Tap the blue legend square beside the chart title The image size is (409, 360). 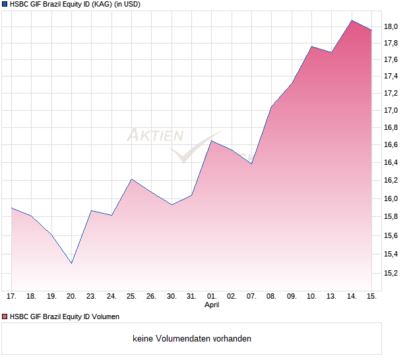(x=5, y=4)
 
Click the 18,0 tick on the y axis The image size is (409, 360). (x=391, y=26)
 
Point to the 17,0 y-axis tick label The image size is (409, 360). (x=391, y=110)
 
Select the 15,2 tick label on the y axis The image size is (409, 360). (x=391, y=272)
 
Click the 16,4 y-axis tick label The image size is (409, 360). (x=391, y=162)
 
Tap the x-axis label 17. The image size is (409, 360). (x=11, y=296)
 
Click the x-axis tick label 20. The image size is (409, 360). (x=71, y=296)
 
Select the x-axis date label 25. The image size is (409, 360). (x=131, y=296)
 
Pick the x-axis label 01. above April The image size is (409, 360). (x=212, y=296)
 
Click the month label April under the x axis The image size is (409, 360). (x=212, y=305)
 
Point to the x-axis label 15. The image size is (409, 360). (x=372, y=296)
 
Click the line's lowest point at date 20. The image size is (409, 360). (x=71, y=263)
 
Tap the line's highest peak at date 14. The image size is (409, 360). (x=352, y=20)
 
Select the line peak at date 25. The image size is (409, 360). (x=131, y=179)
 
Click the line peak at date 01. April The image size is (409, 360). (x=212, y=140)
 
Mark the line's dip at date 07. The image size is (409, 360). (x=251, y=164)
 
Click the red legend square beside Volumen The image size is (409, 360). (x=5, y=316)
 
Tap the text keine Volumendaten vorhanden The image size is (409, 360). (x=192, y=339)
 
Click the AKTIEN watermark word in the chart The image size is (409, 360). (x=155, y=136)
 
